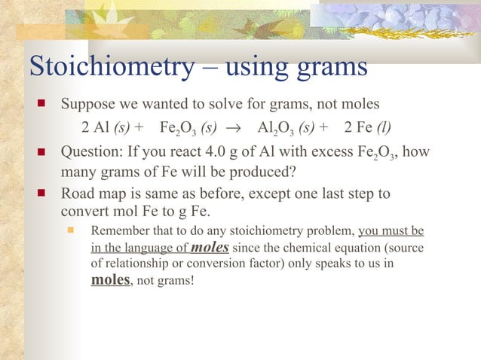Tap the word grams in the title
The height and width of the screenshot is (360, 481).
(326, 68)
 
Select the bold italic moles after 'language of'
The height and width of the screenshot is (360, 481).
(210, 247)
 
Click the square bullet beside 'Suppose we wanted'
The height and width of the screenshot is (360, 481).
(43, 104)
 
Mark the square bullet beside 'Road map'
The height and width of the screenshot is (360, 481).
(43, 194)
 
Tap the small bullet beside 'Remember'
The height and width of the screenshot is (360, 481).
(73, 230)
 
